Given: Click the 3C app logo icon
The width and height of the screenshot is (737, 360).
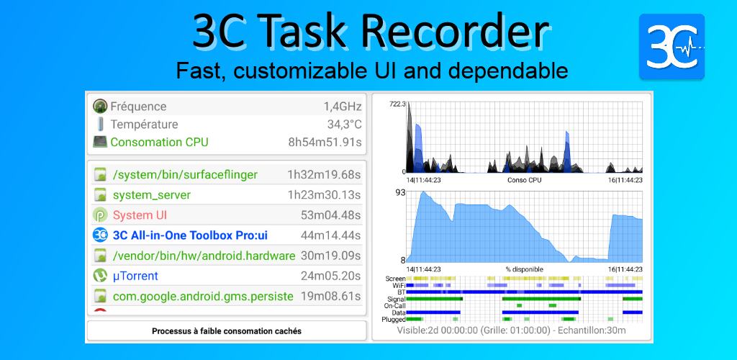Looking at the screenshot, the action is point(672,47).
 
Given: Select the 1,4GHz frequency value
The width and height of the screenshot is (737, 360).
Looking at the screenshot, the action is point(342,107).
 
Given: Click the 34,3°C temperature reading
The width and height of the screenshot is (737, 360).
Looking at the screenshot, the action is point(345,125).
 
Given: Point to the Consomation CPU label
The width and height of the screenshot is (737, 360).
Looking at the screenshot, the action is point(159,142).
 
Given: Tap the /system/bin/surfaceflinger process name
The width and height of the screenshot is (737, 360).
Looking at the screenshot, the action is point(185,175).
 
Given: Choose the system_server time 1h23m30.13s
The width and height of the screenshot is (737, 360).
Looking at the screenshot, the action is point(324,194).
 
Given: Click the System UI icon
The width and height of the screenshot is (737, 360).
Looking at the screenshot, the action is point(100,215).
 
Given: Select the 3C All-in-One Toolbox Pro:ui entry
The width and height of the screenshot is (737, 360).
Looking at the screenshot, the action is point(190,235).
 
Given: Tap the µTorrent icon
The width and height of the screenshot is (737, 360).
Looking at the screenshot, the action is point(100,276).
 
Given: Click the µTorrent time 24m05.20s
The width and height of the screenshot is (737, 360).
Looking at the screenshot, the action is point(331,276).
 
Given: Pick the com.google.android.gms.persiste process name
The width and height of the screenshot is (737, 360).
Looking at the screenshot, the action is point(203,296).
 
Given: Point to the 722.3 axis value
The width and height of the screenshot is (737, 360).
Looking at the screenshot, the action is point(397,104).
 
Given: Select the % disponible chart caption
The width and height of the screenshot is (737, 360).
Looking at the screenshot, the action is point(524,269).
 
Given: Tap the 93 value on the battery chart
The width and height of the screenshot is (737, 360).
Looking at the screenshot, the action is point(400,192).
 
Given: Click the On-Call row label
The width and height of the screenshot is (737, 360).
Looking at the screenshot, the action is point(395,305).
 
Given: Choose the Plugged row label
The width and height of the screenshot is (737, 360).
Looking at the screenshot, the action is point(394,320).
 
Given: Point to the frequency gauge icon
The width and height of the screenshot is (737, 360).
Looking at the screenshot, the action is point(100,107).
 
